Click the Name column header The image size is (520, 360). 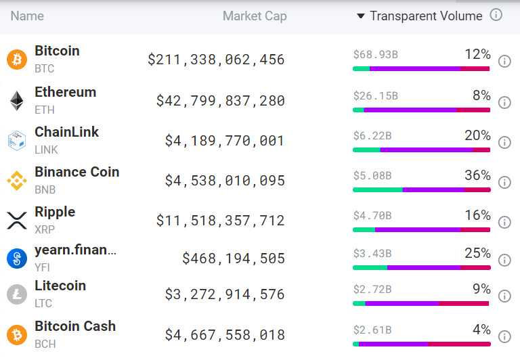point(27,16)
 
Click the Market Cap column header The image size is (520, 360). point(255,16)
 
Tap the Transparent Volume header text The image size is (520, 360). point(426,16)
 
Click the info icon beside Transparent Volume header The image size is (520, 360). point(496,15)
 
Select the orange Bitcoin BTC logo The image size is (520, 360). point(16,60)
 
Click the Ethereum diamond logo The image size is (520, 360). point(16,101)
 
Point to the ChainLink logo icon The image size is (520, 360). point(16,140)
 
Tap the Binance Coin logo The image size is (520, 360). point(16,181)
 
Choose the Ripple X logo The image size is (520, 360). point(16,221)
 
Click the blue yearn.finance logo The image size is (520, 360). point(16,258)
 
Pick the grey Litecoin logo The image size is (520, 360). point(16,294)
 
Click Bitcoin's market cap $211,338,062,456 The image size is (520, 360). point(216,60)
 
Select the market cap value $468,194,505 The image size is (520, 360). point(234,258)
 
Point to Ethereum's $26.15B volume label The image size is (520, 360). point(375,96)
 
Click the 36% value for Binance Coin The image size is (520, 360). point(477,175)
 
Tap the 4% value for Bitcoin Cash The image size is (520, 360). point(481,330)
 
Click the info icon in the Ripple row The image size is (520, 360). point(504,222)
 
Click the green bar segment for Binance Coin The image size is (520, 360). point(377,189)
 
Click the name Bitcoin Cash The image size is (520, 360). point(75,326)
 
